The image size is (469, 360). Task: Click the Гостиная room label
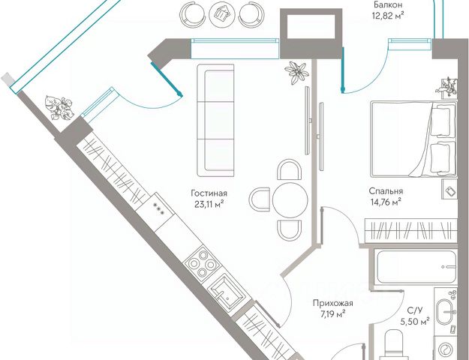coord(209,192)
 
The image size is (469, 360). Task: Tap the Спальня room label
coord(386,190)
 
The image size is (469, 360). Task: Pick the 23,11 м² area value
coord(209,202)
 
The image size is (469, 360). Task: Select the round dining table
coord(289,200)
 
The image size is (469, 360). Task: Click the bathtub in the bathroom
coord(416,268)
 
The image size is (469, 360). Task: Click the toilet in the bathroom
coord(395,346)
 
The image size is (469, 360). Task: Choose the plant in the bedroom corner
coord(449,88)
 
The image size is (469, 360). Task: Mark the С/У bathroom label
coord(413,310)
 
